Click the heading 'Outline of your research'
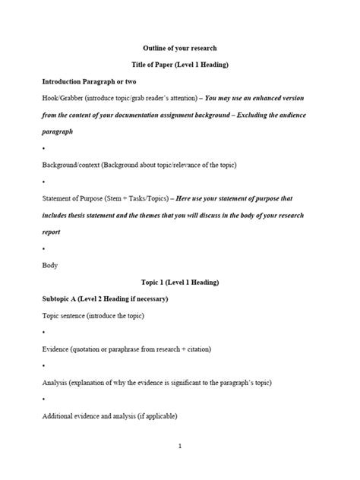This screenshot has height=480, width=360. tap(180, 48)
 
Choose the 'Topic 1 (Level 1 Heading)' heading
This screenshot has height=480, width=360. tap(180, 283)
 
